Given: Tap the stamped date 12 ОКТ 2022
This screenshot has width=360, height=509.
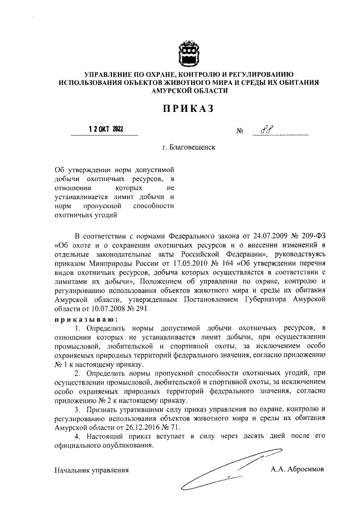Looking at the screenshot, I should click(106, 129).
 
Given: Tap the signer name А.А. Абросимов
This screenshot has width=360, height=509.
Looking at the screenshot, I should click(298, 469).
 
